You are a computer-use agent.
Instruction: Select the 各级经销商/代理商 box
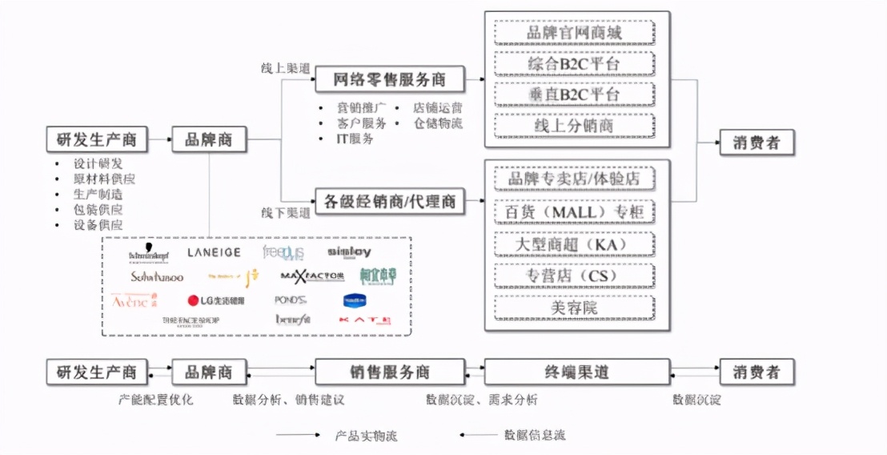tap(389, 200)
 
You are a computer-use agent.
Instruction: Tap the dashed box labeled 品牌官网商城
tap(574, 33)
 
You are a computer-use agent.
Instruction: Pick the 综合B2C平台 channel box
tap(574, 63)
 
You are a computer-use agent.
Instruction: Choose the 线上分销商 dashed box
tap(574, 125)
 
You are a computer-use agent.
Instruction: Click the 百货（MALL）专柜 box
tap(574, 211)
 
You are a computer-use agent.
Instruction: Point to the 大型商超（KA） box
tap(574, 244)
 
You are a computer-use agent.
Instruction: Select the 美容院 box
tap(574, 307)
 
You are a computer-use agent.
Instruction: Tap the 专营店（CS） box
tap(574, 276)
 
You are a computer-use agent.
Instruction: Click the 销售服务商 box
tap(389, 372)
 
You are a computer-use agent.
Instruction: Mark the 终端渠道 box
tap(577, 372)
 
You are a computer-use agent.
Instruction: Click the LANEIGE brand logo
tap(214, 252)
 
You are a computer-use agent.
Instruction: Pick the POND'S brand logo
tap(291, 300)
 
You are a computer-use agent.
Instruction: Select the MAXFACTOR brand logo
tap(312, 276)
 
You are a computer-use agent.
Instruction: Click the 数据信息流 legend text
tap(535, 435)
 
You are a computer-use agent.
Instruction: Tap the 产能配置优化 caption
tap(156, 399)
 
